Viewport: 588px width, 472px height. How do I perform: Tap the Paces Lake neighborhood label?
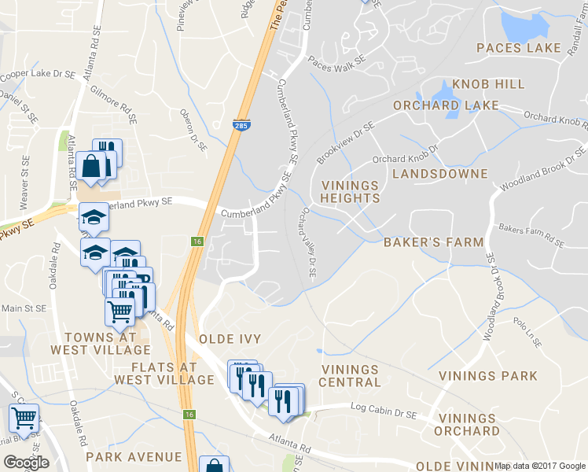518,48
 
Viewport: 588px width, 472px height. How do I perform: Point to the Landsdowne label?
439,173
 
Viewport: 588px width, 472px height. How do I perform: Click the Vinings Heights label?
351,192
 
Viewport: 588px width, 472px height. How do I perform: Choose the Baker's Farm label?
433,242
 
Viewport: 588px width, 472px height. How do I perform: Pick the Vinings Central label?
351,376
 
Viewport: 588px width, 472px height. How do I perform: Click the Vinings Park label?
488,376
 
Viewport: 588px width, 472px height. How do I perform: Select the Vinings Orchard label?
469,425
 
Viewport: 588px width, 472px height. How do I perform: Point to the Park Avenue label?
134,457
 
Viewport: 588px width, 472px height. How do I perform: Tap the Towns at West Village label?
100,343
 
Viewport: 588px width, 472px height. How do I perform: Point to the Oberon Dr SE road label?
193,131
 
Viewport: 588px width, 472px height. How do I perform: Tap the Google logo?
26,463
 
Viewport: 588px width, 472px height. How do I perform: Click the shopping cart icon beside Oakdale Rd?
24,419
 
